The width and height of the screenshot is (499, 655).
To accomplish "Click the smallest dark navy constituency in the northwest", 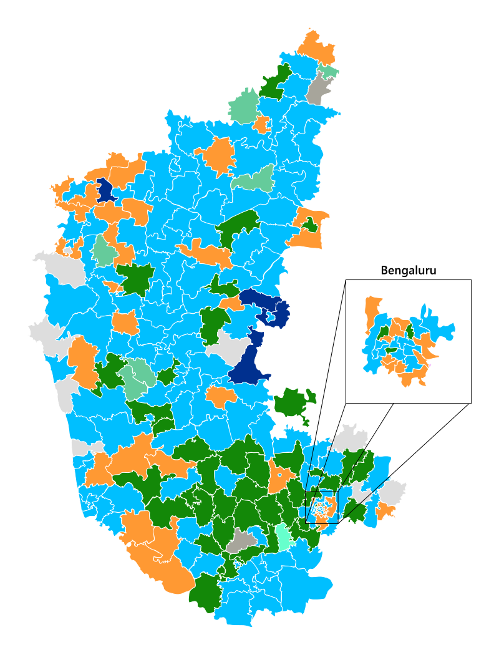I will click(x=105, y=190).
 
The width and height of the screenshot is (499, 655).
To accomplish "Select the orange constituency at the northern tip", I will click(x=316, y=46).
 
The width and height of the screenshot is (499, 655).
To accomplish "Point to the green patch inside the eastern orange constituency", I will click(x=309, y=225).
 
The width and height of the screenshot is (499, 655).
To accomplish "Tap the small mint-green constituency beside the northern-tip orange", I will click(x=328, y=72).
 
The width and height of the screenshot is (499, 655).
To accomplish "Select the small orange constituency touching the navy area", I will click(x=231, y=304).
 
